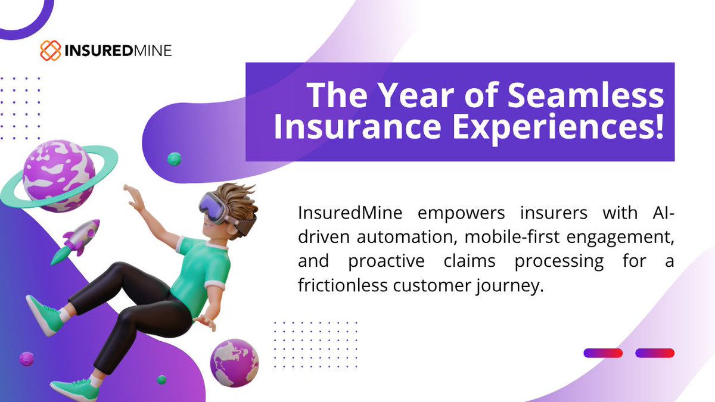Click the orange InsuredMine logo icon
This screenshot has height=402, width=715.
click(51, 51)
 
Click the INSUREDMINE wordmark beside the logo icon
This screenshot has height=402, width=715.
click(119, 51)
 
